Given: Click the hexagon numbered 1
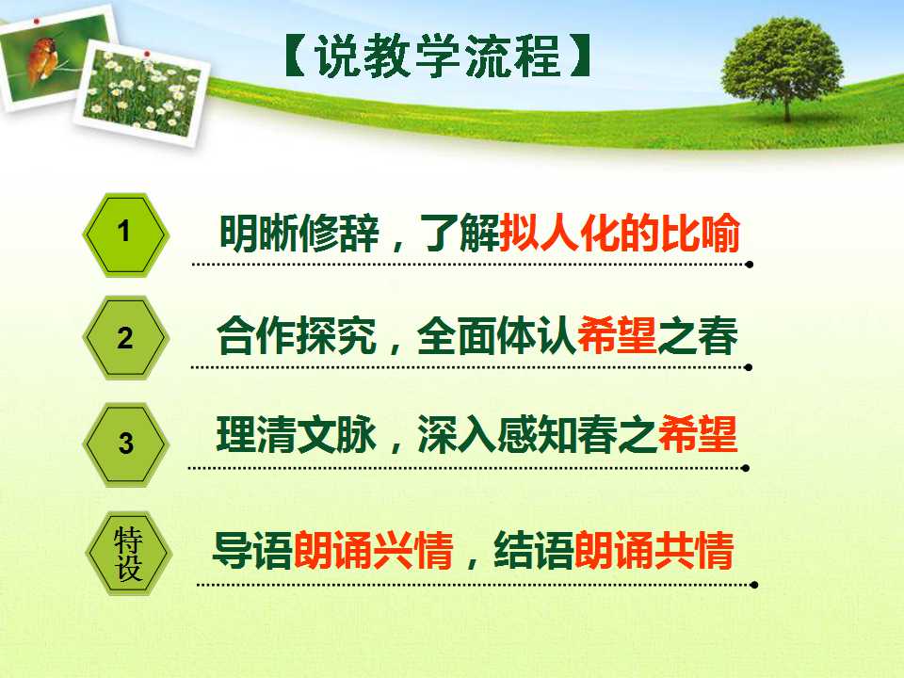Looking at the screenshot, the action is coord(126,234).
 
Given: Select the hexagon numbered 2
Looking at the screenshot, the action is coord(126,338).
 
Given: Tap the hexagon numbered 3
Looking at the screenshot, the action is coord(126,444).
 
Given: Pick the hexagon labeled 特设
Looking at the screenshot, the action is coord(128,554).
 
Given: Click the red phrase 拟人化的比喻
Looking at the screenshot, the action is coord(620,233).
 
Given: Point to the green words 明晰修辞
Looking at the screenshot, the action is coord(299,233).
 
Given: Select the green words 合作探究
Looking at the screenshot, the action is coord(297,336).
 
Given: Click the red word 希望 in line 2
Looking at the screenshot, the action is coord(616,336).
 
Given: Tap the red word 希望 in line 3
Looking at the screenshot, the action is coord(697,434).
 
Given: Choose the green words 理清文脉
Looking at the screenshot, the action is coord(297,434).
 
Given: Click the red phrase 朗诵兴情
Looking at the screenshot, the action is coord(373,551).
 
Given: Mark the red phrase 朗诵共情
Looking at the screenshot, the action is coord(654,551).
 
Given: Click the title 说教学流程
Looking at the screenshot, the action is coord(438,56).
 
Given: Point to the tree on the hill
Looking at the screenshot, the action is coord(783,66).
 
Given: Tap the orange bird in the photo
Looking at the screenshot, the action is coord(42,58).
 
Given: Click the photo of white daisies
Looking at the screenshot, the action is coord(142,92).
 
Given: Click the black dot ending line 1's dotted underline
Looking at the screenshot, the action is coord(749,265).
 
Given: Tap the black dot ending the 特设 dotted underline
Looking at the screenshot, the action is coord(754,585).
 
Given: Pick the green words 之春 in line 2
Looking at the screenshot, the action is coord(697,336).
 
